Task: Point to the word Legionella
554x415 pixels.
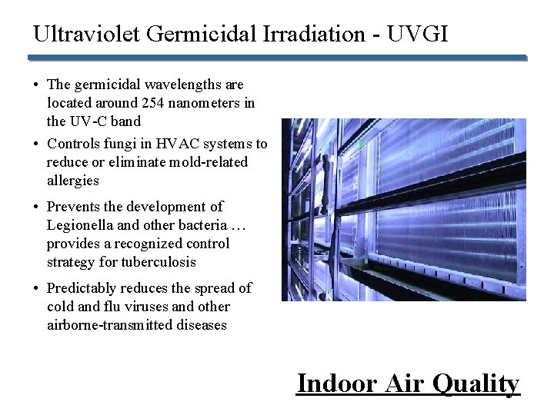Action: [x=80, y=225]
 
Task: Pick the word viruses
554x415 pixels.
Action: [x=152, y=307]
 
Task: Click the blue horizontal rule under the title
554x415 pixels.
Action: [x=277, y=58]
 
